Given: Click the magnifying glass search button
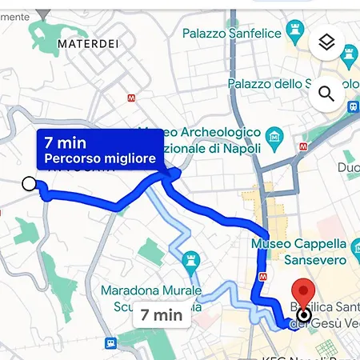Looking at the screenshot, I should pos(326,94).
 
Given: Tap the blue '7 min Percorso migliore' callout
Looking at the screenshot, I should pos(100,150).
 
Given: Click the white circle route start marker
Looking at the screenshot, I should pos(30,185).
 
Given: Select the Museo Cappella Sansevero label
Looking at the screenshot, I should pos(298,251).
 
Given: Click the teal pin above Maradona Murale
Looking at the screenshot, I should pos(190,259).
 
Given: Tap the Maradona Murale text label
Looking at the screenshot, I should pos(143,290).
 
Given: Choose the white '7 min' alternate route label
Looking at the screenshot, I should pos(162,314).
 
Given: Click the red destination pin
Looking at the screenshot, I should pos(303,298).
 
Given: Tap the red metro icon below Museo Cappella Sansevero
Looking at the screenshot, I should pos(263,278).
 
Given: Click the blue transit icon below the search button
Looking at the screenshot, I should pos(353,106).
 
